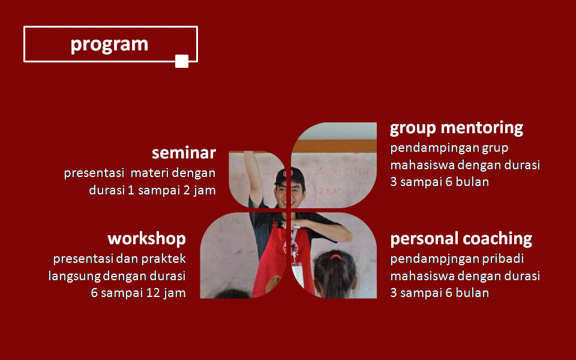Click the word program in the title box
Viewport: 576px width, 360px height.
point(109,45)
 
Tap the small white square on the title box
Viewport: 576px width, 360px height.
point(182,61)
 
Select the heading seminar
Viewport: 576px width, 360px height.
point(184,153)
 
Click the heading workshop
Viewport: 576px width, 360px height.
point(146,239)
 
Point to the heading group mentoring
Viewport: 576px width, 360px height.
point(456,128)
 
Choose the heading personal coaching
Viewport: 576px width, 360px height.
point(461,239)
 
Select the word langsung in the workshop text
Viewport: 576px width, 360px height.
point(74,276)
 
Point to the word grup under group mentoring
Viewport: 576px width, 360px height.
point(495,148)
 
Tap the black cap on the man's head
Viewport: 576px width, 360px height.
point(290,176)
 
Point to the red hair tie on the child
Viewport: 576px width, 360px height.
point(335,256)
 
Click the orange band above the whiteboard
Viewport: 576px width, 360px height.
point(334,146)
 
